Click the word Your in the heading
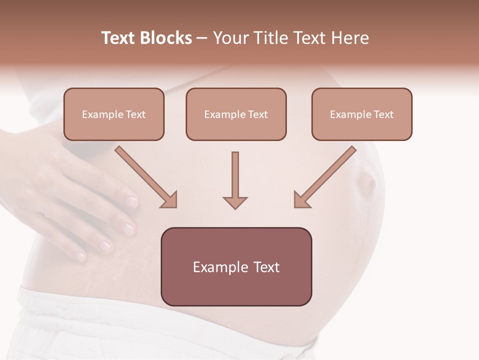pos(231,38)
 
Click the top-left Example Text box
pos(114,114)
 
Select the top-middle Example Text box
pos(236,114)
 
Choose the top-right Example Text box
pos(362,114)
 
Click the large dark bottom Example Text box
pos(237,266)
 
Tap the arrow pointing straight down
pos(235,180)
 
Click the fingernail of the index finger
pos(131,202)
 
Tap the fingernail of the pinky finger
pos(81,256)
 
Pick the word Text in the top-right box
pos(383,114)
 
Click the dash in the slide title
pos(202,38)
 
